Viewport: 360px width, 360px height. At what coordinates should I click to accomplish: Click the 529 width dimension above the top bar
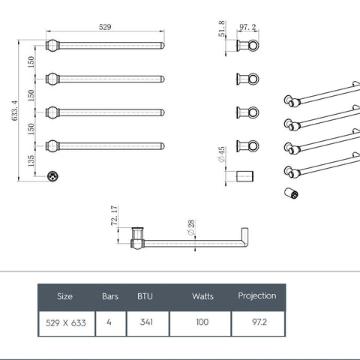(x=105, y=27)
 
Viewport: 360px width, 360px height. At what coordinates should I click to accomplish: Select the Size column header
(x=64, y=295)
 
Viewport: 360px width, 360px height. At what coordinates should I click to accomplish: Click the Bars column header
(x=109, y=295)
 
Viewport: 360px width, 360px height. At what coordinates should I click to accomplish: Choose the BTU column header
(x=145, y=295)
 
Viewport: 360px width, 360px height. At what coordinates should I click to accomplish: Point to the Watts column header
(x=202, y=296)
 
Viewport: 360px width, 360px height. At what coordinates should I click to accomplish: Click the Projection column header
(x=257, y=295)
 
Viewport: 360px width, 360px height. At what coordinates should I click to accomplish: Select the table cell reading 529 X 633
(x=64, y=322)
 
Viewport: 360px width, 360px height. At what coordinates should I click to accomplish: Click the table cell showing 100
(x=202, y=322)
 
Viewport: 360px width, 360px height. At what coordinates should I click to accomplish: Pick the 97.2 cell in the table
(x=257, y=322)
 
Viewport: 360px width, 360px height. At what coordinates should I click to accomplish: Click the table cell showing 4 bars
(x=109, y=322)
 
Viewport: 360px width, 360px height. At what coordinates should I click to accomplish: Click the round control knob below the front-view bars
(x=52, y=176)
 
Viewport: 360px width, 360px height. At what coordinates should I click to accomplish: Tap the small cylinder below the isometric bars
(x=291, y=193)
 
